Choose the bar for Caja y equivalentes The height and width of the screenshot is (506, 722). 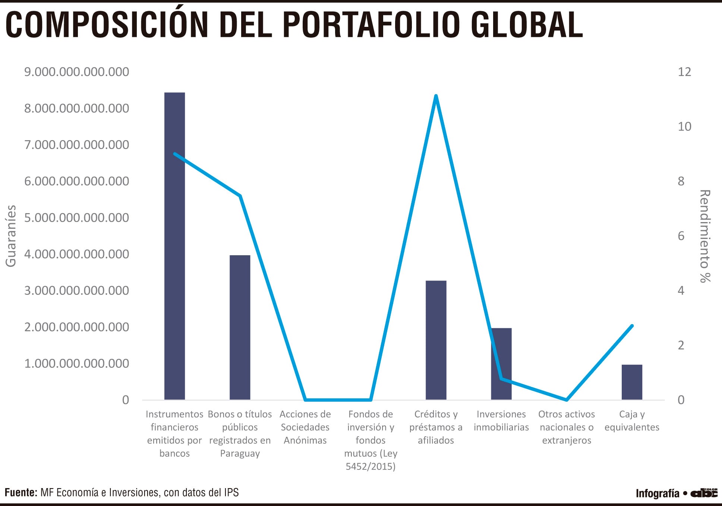pyautogui.click(x=632, y=382)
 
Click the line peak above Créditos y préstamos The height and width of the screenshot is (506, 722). pyautogui.click(x=436, y=96)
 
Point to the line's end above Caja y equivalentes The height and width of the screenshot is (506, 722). pyautogui.click(x=632, y=326)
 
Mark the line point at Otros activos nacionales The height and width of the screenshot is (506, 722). pyautogui.click(x=566, y=399)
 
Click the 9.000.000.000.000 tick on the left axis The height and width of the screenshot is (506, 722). pyautogui.click(x=77, y=72)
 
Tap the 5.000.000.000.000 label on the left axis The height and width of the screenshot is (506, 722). pyautogui.click(x=77, y=218)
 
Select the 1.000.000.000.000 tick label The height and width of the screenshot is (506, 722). pyautogui.click(x=77, y=363)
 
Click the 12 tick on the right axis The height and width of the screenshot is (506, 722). pyautogui.click(x=684, y=72)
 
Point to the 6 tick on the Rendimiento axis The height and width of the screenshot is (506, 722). pyautogui.click(x=681, y=236)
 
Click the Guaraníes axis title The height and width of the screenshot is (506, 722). pyautogui.click(x=11, y=236)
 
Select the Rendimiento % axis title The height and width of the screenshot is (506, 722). pyautogui.click(x=705, y=236)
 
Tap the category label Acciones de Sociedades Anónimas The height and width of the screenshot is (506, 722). pyautogui.click(x=305, y=427)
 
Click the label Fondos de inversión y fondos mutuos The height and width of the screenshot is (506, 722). pyautogui.click(x=371, y=440)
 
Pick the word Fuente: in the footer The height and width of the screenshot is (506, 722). pyautogui.click(x=21, y=493)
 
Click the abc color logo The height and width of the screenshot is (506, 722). pyautogui.click(x=704, y=493)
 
